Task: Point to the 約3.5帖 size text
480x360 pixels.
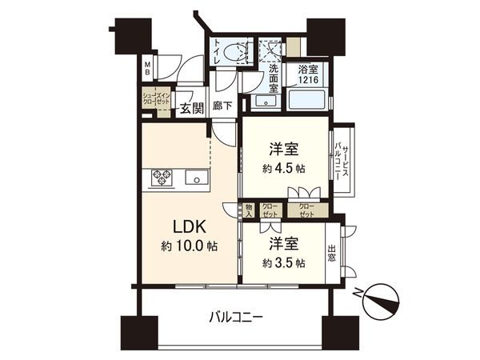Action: [283, 262]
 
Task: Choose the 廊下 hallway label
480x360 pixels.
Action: [223, 105]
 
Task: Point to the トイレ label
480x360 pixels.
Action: [216, 51]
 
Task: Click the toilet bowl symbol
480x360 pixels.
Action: [238, 53]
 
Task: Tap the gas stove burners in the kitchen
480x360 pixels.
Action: [162, 177]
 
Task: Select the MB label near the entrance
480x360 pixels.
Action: [147, 70]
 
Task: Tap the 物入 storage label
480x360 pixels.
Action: [249, 210]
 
